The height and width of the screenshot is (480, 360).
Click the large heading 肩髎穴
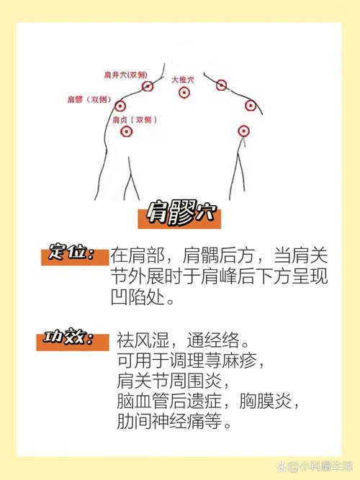180,214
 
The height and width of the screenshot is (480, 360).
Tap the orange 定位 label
72,254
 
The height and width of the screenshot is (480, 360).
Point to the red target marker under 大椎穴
184,93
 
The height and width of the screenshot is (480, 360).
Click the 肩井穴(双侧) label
126,74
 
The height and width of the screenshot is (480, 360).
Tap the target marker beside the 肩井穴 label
148,86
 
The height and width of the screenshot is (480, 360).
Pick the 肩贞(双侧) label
132,119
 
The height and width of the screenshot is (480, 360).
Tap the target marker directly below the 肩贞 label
127,132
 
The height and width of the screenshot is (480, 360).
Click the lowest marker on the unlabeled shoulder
243,131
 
